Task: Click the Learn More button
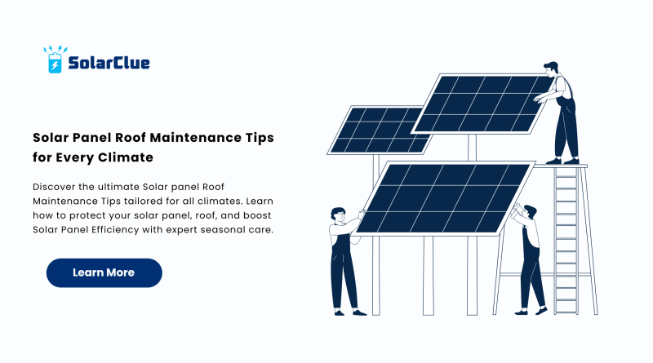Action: pos(104,272)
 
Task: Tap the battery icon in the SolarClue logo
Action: pos(55,63)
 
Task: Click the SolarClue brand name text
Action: pos(109,63)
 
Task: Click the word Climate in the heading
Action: pos(126,157)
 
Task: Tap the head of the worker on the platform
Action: pos(550,69)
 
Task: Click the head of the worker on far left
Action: pos(338,215)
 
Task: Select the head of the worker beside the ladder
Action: pos(530,212)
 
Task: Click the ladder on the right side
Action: pos(566,240)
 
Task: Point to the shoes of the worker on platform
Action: pos(562,161)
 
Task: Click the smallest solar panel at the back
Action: pos(379,131)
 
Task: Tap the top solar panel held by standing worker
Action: pos(482,104)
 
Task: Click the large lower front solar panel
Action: pos(444,198)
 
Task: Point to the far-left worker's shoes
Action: pos(350,312)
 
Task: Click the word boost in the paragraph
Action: pos(257,215)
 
